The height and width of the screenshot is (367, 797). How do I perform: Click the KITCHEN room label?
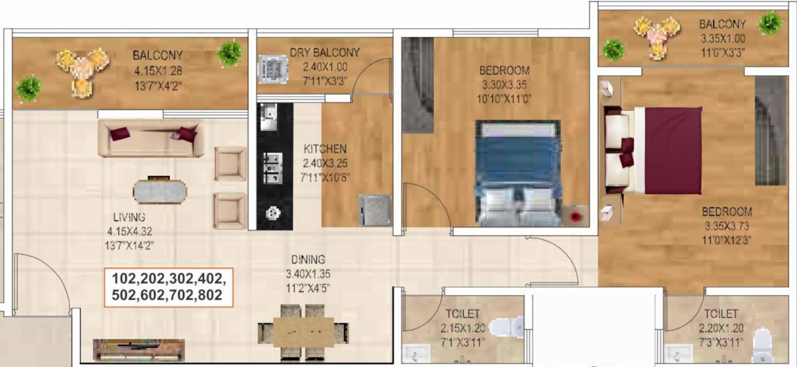pyautogui.click(x=325, y=149)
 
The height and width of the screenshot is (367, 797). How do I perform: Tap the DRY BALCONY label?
pyautogui.click(x=325, y=53)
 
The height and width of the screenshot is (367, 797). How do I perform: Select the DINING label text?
pyautogui.click(x=308, y=260)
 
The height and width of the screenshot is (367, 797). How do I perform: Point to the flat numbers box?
pyautogui.click(x=168, y=287)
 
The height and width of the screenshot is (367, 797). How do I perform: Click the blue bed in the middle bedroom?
pyautogui.click(x=518, y=172)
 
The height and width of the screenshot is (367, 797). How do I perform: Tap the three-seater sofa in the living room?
pyautogui.click(x=151, y=137)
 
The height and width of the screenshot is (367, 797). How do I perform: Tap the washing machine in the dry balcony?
pyautogui.click(x=273, y=69)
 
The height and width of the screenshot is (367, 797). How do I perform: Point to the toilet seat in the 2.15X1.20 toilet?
pyautogui.click(x=506, y=328)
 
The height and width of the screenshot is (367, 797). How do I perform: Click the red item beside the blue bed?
pyautogui.click(x=575, y=217)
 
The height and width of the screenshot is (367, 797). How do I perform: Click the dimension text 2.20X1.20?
pyautogui.click(x=721, y=328)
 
